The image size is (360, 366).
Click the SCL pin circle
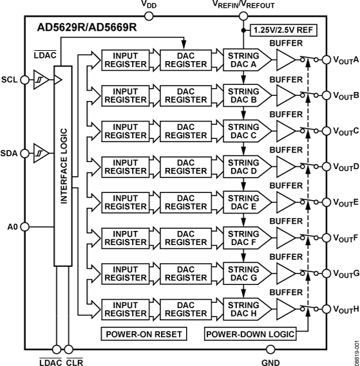click(25, 80)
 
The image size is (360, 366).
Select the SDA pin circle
click(25, 152)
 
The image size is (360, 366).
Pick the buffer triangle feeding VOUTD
click(284, 168)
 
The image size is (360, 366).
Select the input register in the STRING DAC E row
click(126, 203)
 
